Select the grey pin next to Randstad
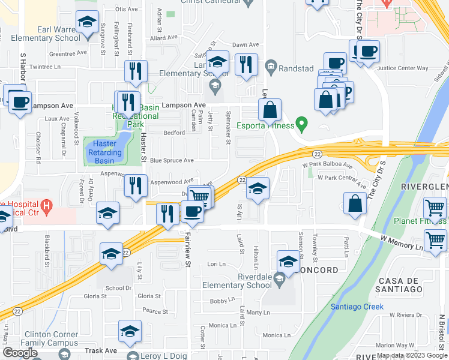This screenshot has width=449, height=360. point(271,67)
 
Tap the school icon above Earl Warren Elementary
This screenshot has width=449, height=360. point(87,23)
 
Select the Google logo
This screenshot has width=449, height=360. point(20,353)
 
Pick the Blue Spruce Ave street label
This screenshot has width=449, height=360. point(172,161)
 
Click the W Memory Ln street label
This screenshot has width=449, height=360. point(402,242)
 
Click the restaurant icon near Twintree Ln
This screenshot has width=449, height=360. point(136,71)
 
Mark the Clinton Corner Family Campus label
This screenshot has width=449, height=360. point(51,339)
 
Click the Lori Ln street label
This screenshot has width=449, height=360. point(215,264)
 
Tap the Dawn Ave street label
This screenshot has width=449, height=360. point(246,45)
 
